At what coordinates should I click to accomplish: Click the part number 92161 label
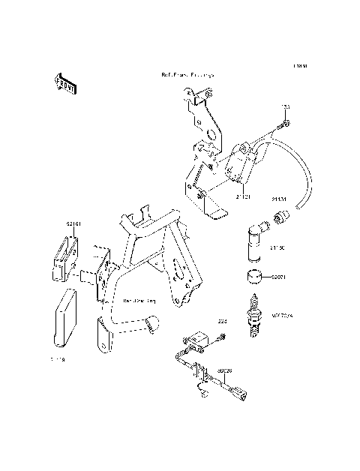73,223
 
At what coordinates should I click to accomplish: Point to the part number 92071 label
278,277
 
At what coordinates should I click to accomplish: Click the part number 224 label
222,322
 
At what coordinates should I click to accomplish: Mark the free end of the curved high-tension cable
299,204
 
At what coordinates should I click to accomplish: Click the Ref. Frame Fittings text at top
187,76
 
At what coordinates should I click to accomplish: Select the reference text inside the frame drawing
139,299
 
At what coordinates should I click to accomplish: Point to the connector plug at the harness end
238,391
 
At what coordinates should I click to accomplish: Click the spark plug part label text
280,316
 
